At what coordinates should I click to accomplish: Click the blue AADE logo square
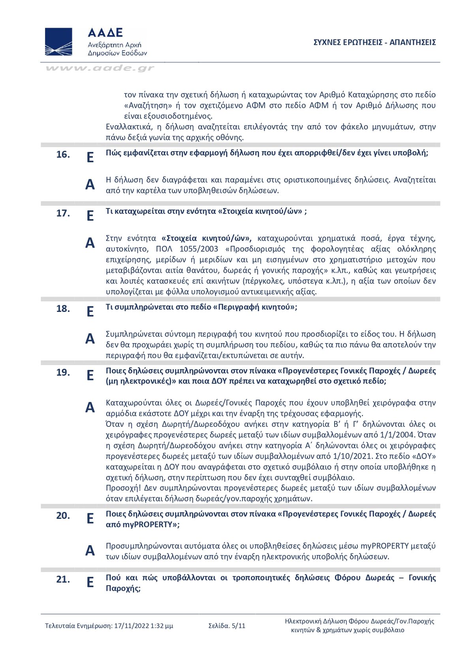click(58, 41)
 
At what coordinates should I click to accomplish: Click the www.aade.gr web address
click(100, 68)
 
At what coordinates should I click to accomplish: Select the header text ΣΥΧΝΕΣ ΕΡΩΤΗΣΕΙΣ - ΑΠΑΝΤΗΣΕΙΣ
click(374, 42)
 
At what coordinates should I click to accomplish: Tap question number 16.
click(63, 154)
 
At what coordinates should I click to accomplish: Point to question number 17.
click(63, 213)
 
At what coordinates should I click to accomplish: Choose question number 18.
click(63, 309)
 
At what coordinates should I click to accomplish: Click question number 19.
click(63, 372)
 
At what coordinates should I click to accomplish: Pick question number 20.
click(63, 516)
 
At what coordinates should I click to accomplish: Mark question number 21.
click(63, 580)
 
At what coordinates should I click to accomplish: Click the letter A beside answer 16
click(90, 184)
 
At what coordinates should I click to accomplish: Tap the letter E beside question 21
click(90, 582)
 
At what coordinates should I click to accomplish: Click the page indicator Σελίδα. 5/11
click(227, 626)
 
